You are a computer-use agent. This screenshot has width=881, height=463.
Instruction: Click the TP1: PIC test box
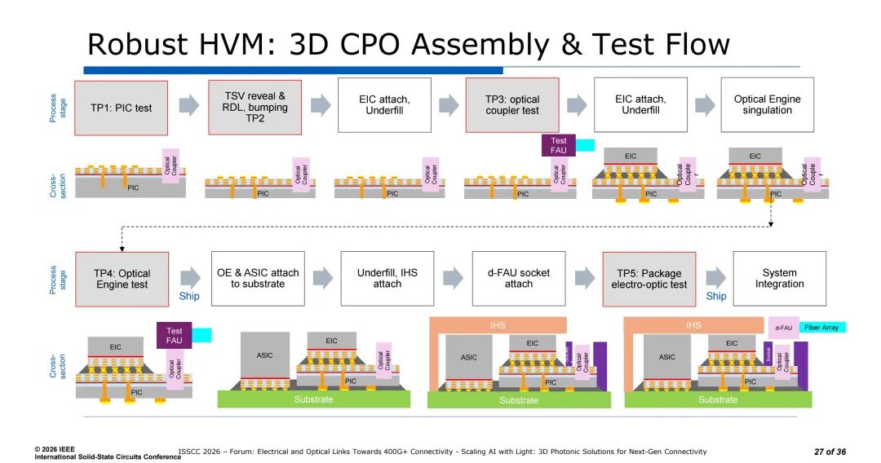tap(121, 107)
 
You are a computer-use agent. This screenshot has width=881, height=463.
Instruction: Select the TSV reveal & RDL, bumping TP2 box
tap(255, 107)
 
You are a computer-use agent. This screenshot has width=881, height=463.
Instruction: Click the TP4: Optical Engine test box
tap(122, 279)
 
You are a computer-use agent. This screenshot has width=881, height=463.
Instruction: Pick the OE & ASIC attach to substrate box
tap(258, 278)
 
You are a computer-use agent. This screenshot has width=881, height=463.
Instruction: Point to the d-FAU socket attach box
tap(519, 278)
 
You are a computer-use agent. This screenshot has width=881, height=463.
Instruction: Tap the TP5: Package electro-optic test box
tap(649, 279)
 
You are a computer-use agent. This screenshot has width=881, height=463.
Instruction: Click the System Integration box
tap(778, 278)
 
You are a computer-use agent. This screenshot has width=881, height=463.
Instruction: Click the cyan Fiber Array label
tap(823, 327)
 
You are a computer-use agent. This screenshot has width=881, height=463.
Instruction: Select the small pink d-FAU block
tap(783, 328)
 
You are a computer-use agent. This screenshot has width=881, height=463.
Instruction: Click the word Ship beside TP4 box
tap(189, 296)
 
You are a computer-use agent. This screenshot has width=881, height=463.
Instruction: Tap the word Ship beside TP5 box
tap(716, 296)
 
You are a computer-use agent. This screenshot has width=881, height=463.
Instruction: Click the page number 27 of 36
tap(830, 452)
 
